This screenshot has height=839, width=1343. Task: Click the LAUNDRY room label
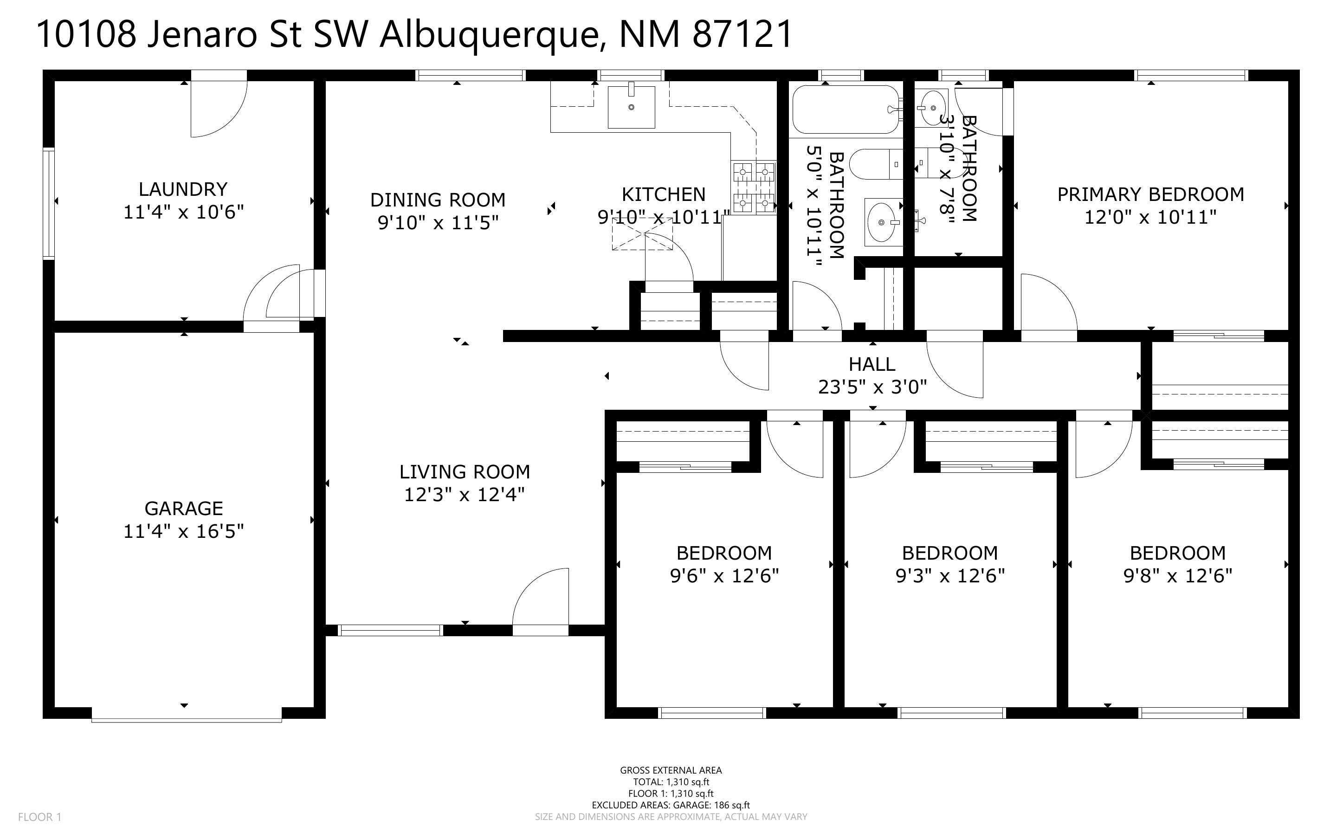tap(183, 190)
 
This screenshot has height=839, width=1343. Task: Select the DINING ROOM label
tap(438, 200)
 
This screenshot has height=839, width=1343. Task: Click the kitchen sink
tap(631, 107)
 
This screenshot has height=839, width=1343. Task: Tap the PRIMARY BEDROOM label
tap(1150, 195)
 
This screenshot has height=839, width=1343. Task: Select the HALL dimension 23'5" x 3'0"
tap(872, 387)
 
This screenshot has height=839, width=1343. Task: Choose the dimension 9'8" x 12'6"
tap(1178, 576)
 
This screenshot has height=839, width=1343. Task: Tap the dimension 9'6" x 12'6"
tap(724, 576)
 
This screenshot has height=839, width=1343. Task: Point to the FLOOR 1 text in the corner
tap(40, 817)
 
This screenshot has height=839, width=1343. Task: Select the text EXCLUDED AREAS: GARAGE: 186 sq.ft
tap(671, 805)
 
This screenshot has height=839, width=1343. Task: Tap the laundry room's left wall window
tap(49, 204)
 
